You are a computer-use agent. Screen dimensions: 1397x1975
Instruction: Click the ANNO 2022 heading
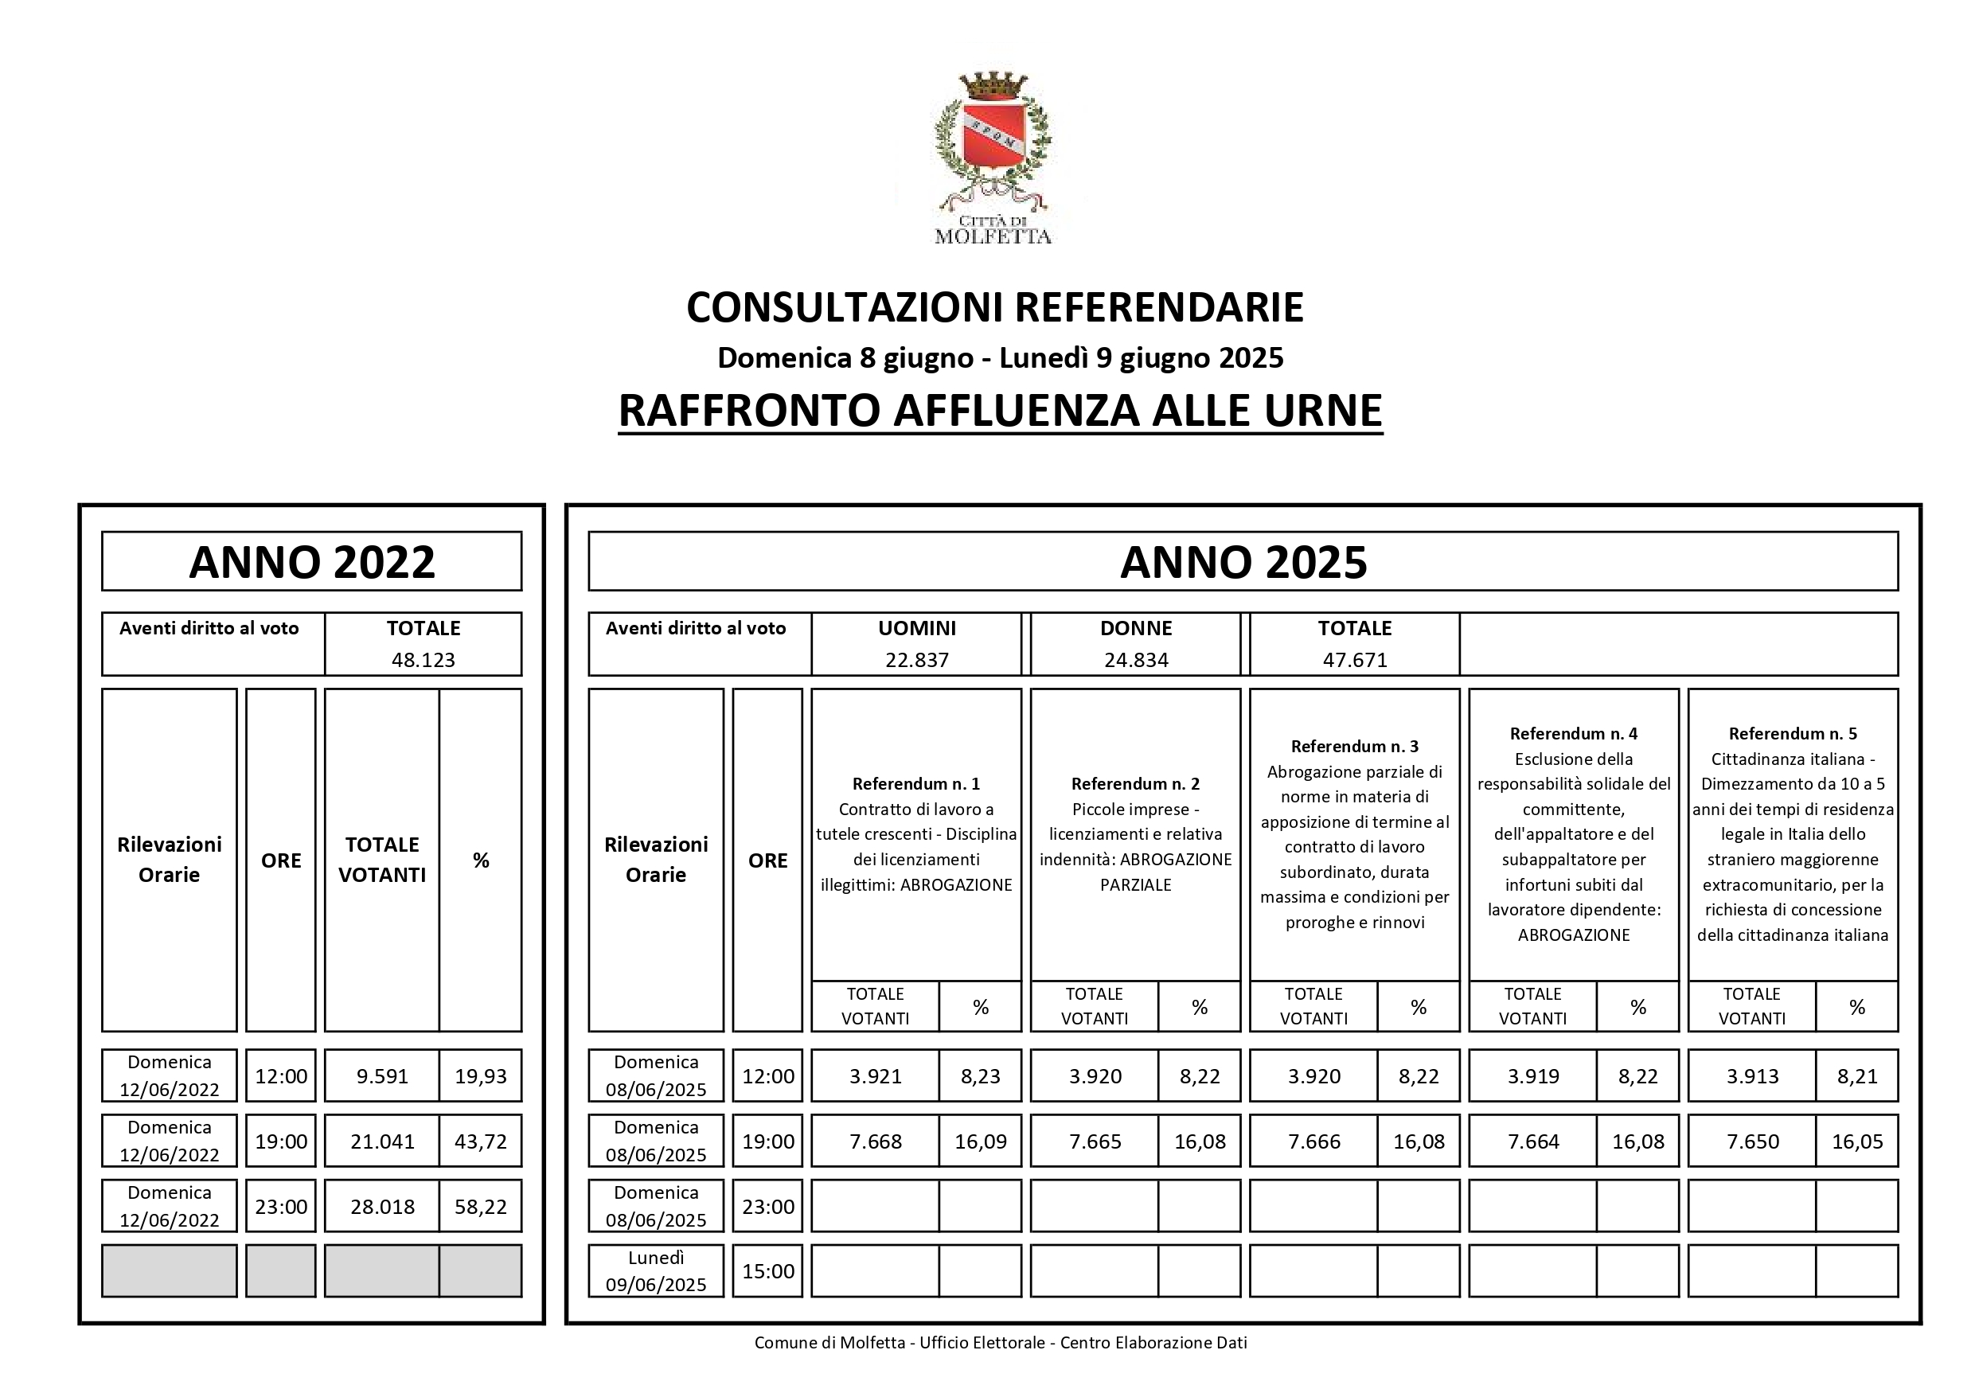click(x=311, y=562)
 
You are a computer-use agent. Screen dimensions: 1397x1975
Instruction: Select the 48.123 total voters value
click(x=423, y=660)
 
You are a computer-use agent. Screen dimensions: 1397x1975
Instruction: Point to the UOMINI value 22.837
click(x=917, y=660)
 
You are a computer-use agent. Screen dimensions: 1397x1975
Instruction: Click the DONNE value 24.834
click(x=1135, y=660)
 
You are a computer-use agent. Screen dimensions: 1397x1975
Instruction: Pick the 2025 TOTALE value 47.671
click(x=1355, y=660)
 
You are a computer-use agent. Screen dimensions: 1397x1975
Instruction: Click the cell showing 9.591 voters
click(x=382, y=1076)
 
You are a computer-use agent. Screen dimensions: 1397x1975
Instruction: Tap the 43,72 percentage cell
click(x=480, y=1141)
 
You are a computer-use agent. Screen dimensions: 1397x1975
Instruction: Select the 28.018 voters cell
click(x=382, y=1207)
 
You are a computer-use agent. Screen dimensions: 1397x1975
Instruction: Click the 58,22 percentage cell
click(x=480, y=1207)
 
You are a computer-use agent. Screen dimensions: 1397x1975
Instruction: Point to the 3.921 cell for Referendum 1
click(x=876, y=1076)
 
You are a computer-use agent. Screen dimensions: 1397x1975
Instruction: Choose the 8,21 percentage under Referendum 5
click(x=1857, y=1076)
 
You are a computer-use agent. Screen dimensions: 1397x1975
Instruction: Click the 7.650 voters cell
click(x=1752, y=1141)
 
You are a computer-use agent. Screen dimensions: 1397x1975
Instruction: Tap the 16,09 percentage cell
click(x=980, y=1141)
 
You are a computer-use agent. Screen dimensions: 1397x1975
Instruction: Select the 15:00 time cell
click(x=768, y=1271)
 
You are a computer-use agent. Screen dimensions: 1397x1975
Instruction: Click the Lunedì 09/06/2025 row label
click(x=655, y=1271)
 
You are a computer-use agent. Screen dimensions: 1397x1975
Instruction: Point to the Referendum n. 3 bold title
click(x=1355, y=747)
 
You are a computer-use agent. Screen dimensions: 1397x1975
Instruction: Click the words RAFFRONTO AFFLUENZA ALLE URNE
click(x=1000, y=410)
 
